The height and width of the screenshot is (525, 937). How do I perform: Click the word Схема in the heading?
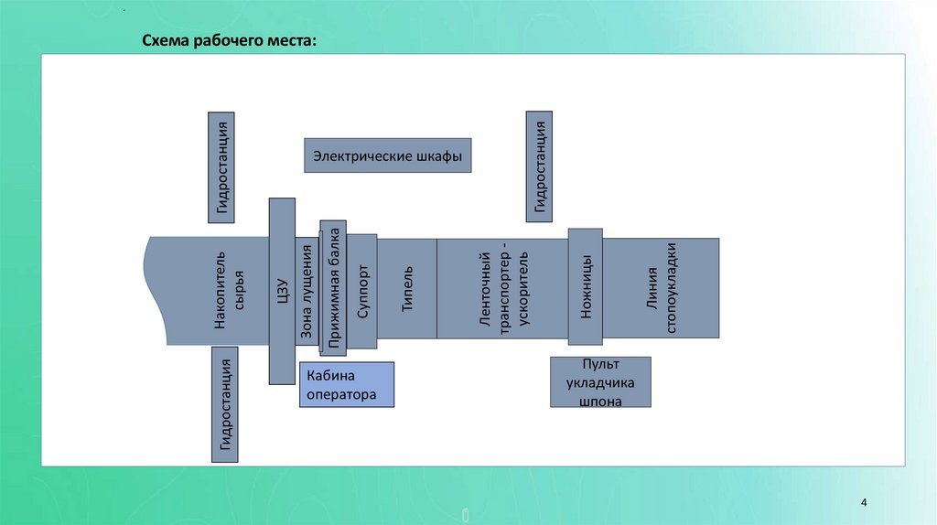[x=166, y=42]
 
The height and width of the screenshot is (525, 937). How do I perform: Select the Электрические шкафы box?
[x=388, y=155]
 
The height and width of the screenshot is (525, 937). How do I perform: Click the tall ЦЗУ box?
[x=282, y=291]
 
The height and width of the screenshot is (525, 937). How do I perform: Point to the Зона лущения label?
[x=307, y=291]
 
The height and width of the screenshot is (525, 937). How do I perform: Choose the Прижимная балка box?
[x=333, y=287]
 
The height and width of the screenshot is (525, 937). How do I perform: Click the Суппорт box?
[x=363, y=291]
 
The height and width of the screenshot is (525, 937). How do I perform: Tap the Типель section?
[x=407, y=288]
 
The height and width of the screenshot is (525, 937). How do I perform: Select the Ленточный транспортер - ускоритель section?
[x=502, y=288]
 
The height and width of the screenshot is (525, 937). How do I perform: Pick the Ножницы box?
[x=586, y=287]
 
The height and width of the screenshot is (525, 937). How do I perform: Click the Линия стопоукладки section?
[x=661, y=288]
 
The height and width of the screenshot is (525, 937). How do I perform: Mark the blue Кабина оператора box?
[x=347, y=384]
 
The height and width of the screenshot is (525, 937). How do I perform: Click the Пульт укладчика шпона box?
[x=600, y=382]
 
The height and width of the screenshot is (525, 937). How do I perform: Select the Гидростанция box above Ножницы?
[x=540, y=166]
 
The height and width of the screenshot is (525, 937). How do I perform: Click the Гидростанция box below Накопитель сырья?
[x=225, y=403]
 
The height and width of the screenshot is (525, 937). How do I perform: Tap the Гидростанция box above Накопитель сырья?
[x=221, y=166]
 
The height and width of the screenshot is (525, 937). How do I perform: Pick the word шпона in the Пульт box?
[x=600, y=400]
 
